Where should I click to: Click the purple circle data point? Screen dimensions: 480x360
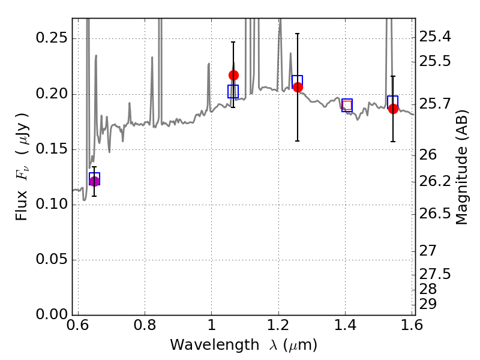click(x=94, y=181)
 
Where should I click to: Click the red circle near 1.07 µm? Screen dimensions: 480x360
click(x=233, y=76)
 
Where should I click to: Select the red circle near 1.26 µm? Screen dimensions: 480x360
click(x=298, y=87)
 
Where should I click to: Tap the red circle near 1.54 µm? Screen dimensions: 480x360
click(x=394, y=109)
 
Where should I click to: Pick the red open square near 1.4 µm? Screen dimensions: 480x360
click(x=347, y=106)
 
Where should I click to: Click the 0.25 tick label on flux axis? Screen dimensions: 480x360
click(x=52, y=38)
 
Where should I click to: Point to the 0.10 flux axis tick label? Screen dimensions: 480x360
click(x=52, y=204)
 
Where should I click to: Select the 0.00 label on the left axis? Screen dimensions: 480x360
click(x=52, y=314)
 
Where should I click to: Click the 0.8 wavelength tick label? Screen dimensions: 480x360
click(x=145, y=325)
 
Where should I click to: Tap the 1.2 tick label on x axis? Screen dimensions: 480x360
click(x=278, y=325)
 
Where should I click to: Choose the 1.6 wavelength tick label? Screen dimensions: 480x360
click(x=412, y=325)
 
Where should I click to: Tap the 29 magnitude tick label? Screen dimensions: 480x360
click(x=428, y=304)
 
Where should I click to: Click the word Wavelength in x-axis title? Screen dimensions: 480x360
click(x=215, y=345)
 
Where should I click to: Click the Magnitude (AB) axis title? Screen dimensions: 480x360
click(x=462, y=167)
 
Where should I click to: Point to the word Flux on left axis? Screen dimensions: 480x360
click(x=22, y=206)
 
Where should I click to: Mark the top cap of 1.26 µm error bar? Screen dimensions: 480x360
click(x=297, y=34)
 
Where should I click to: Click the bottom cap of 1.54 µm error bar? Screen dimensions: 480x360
click(x=393, y=142)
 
